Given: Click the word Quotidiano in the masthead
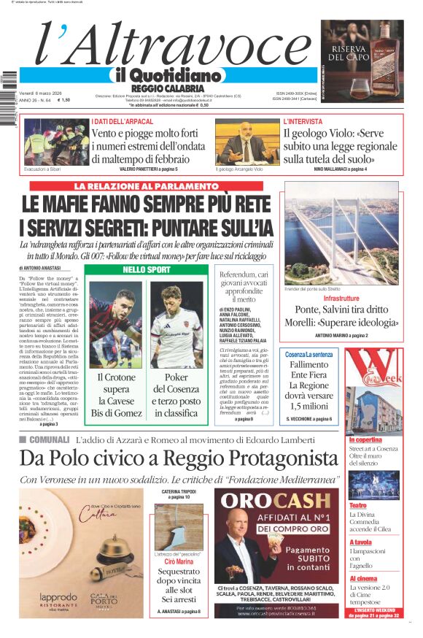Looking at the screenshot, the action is click(176, 75).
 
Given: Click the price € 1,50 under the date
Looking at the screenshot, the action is click(63, 101).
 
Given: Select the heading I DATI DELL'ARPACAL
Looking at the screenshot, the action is click(123, 121).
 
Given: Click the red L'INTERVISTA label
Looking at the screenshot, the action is click(303, 121).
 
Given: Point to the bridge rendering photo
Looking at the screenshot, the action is click(341, 234).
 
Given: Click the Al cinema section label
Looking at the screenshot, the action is click(362, 578).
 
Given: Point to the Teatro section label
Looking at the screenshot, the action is click(357, 505).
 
